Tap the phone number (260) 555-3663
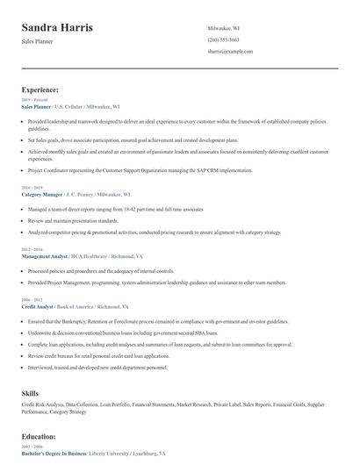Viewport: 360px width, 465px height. pos(224,40)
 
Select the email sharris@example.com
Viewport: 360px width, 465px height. pos(230,52)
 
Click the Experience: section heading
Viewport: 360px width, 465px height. pos(40,89)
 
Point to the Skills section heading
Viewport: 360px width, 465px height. pos(31,395)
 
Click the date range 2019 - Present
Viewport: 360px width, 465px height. pos(35,99)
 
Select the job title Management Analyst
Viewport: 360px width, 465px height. pos(45,256)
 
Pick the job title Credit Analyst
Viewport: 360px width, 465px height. pos(37,307)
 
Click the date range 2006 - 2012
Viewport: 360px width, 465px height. pos(32,300)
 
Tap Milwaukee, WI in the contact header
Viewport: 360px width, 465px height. pos(224,28)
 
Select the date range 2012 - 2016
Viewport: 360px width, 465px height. pos(32,249)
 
